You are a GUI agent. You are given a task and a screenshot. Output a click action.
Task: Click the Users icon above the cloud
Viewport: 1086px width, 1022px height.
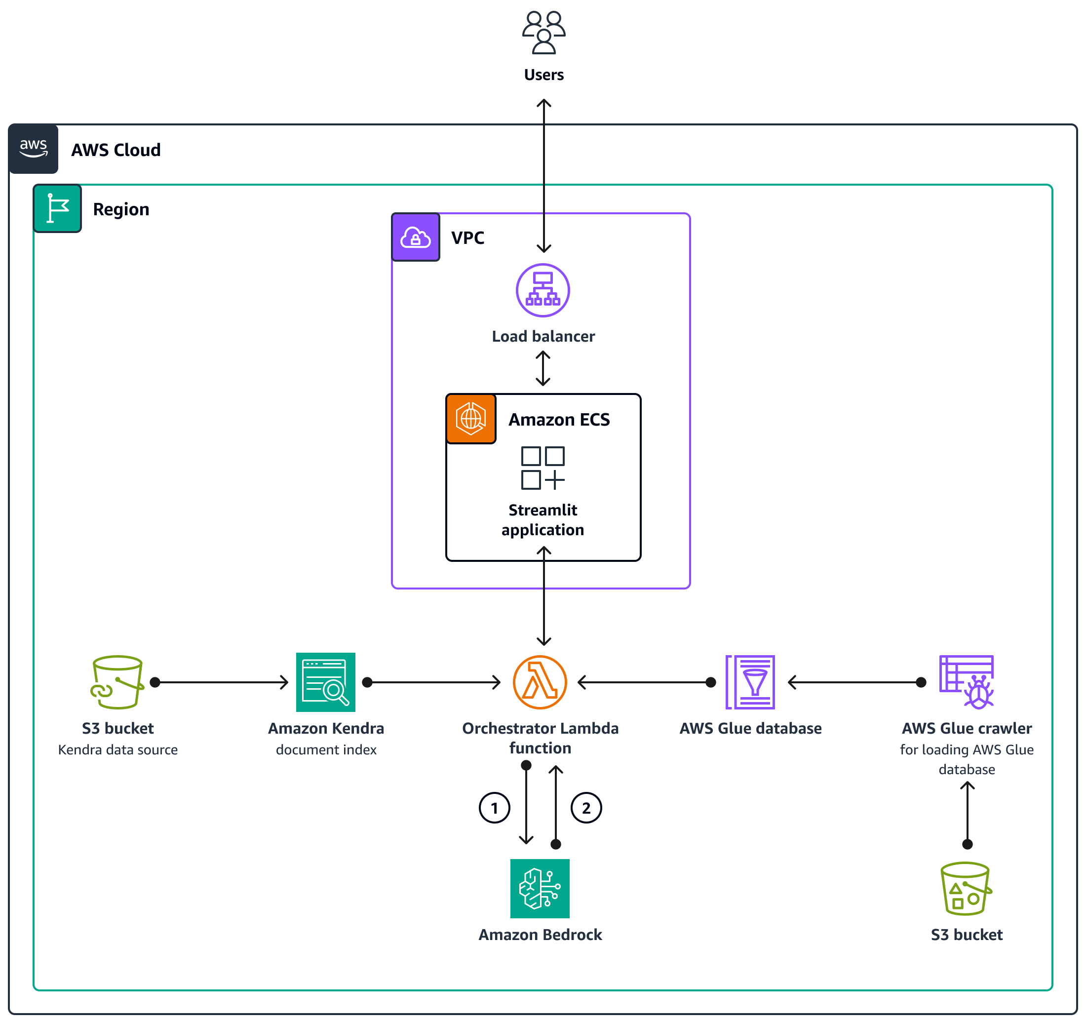point(543,33)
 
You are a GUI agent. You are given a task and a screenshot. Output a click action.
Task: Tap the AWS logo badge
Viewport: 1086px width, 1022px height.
point(34,149)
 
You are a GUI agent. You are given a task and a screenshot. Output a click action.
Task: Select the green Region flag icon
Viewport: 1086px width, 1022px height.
point(57,209)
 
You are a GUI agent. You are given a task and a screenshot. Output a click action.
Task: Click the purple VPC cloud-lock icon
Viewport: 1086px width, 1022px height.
point(416,237)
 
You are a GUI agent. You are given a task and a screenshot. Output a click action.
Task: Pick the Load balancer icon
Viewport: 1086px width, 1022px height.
point(543,290)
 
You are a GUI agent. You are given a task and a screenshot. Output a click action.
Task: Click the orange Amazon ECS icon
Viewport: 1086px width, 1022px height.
point(471,418)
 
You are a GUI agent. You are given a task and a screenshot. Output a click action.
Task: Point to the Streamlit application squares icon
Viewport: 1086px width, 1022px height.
point(543,468)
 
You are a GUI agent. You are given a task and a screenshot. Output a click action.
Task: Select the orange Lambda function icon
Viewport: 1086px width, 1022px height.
point(540,682)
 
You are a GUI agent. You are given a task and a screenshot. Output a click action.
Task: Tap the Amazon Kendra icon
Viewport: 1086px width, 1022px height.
point(326,682)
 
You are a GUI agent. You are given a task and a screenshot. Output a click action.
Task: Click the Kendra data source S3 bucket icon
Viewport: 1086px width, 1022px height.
point(117,682)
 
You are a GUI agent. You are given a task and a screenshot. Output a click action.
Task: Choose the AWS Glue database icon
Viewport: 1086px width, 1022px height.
point(750,682)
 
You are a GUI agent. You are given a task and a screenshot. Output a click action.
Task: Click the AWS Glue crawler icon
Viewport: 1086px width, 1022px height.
point(967,682)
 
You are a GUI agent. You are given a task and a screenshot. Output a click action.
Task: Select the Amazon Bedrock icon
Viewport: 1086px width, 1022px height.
point(540,888)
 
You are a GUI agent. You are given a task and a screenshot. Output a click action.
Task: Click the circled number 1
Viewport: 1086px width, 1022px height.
point(495,808)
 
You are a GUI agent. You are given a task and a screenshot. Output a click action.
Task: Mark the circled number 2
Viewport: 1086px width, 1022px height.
point(586,808)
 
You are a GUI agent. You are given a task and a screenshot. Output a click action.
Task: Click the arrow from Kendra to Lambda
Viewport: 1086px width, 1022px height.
point(434,682)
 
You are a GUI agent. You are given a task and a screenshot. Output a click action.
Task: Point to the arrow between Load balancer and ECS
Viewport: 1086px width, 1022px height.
point(543,368)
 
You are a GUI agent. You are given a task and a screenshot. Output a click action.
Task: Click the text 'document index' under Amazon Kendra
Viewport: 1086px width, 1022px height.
point(326,749)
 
